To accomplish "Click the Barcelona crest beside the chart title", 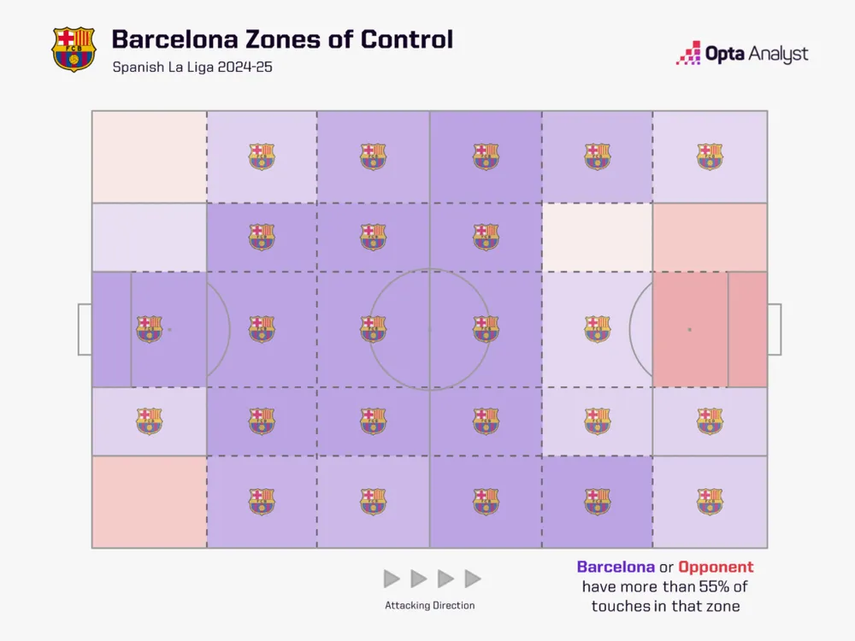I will [74, 49].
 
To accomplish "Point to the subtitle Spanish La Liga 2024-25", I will [192, 67].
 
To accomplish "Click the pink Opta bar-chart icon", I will [688, 54].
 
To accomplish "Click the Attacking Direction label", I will [429, 605].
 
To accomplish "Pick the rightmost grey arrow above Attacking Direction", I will [472, 579].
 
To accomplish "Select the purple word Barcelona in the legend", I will [616, 567].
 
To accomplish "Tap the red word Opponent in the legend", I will [716, 567].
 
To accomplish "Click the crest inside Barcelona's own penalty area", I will [149, 329].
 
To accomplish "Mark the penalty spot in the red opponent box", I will [689, 329].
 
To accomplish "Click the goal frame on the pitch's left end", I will [85, 329].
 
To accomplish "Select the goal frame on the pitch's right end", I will [774, 329].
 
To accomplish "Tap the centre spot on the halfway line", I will [429, 329].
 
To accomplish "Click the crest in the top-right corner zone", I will [709, 156].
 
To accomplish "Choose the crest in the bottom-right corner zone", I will [709, 502].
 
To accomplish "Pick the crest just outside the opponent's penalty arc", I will [597, 329].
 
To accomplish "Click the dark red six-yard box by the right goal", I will [747, 329].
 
